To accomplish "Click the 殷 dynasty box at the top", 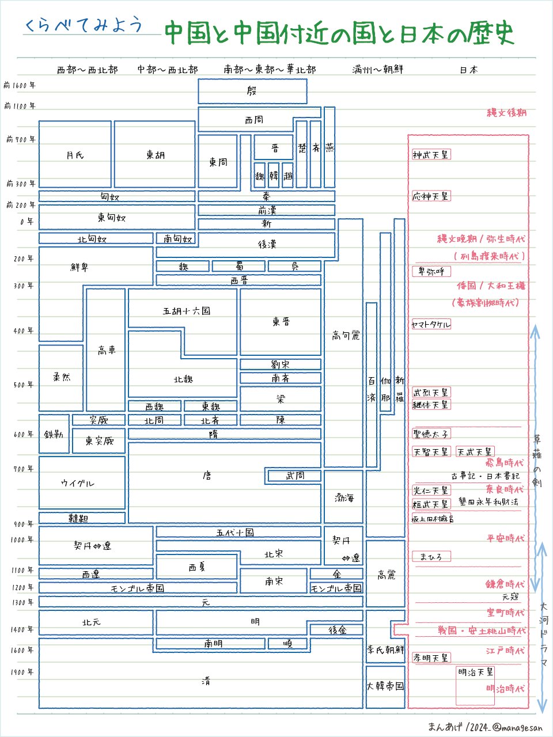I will click(x=252, y=91).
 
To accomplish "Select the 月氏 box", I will click(x=75, y=155).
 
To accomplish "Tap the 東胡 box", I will click(x=155, y=155).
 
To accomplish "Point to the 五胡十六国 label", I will click(x=187, y=311).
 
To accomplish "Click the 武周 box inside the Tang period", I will click(x=294, y=476).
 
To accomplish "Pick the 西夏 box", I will click(x=196, y=567).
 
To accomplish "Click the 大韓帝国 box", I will click(x=385, y=686).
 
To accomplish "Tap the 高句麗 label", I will click(x=346, y=335).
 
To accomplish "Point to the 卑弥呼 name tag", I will click(x=431, y=271).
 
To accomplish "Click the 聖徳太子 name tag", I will click(x=431, y=434).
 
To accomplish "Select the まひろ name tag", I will click(x=431, y=557).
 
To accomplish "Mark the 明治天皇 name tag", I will click(x=475, y=672).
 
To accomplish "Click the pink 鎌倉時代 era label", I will click(x=505, y=584).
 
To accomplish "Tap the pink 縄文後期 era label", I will click(x=506, y=113).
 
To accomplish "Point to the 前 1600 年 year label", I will click(x=20, y=85).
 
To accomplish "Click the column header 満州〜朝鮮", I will click(x=378, y=70).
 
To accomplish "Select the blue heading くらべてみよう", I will click(x=84, y=26).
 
